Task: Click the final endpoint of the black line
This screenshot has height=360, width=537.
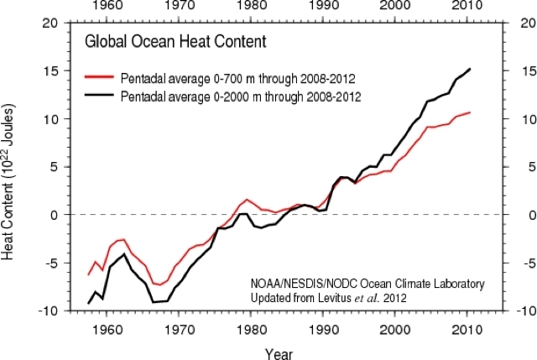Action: pyautogui.click(x=470, y=69)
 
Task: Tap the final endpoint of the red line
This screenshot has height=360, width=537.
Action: pyautogui.click(x=470, y=112)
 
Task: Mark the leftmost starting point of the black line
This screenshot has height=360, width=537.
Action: pyautogui.click(x=88, y=303)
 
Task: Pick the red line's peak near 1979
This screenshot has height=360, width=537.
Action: pyautogui.click(x=247, y=200)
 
